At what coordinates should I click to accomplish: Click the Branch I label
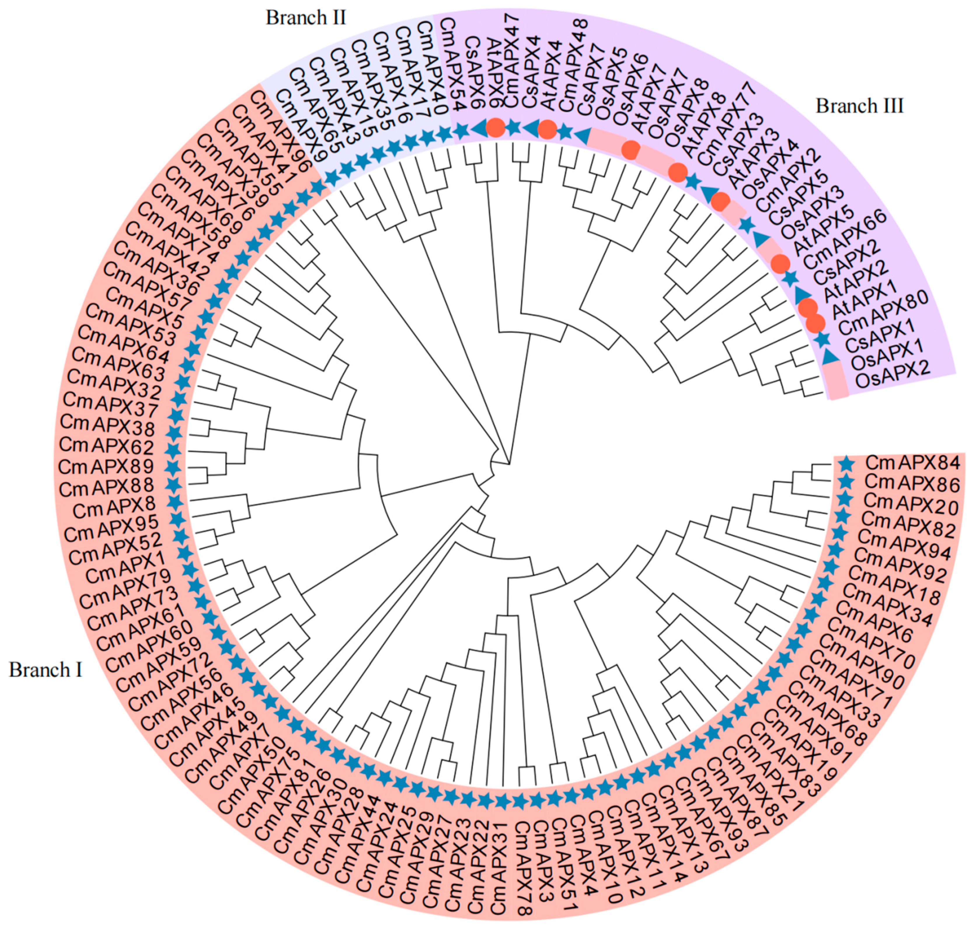(46, 670)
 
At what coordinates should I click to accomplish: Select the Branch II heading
(306, 18)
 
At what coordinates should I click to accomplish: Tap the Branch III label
(860, 106)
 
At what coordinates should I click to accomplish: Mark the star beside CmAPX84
(846, 464)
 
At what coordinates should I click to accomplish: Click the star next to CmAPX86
(845, 481)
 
